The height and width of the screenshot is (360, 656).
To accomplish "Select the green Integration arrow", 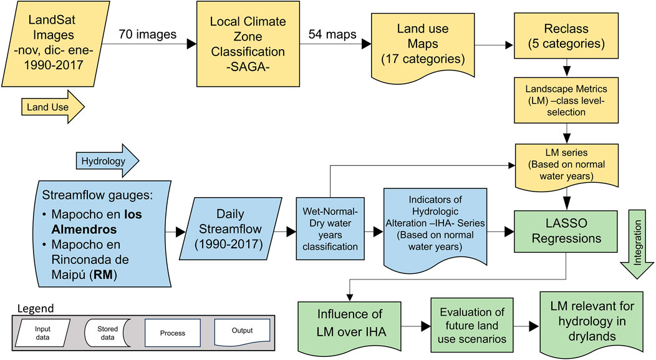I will click(639, 243).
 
